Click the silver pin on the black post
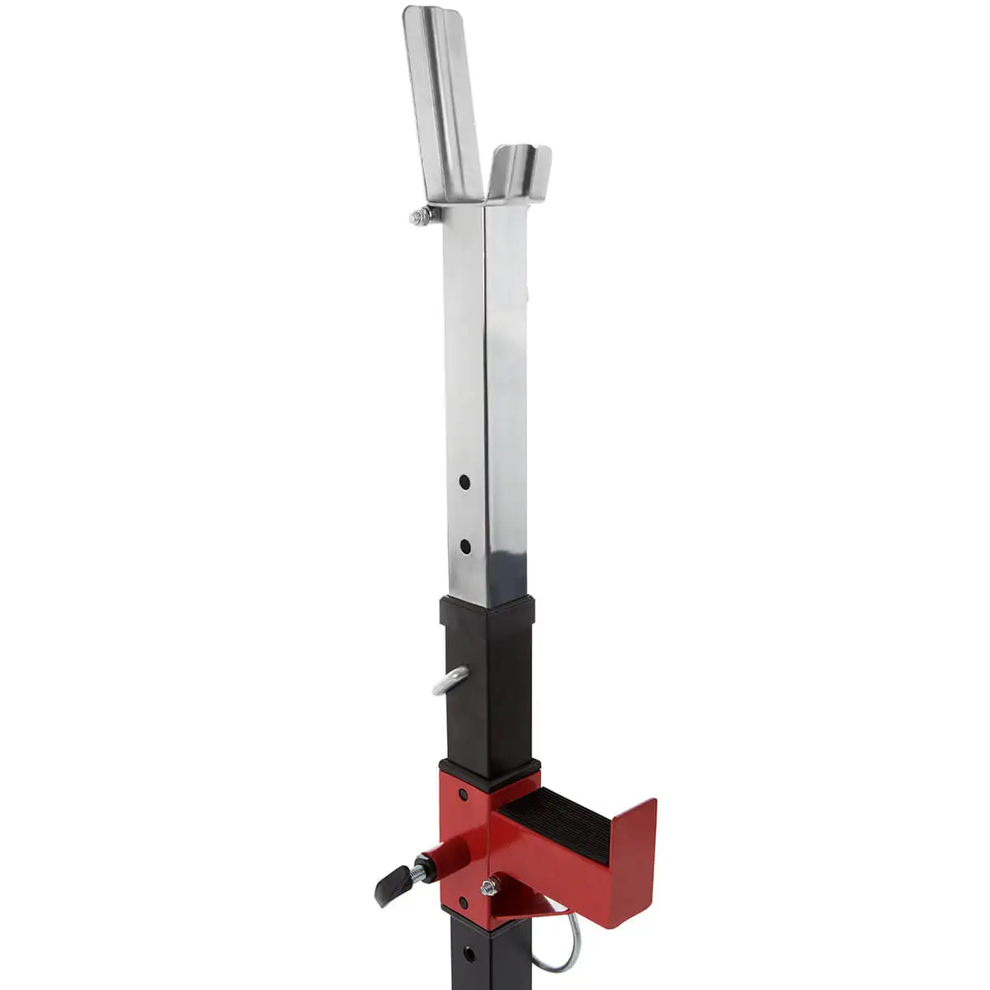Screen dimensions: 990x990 [450, 681]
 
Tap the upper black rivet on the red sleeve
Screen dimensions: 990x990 [463, 794]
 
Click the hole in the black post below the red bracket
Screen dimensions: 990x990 [469, 954]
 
